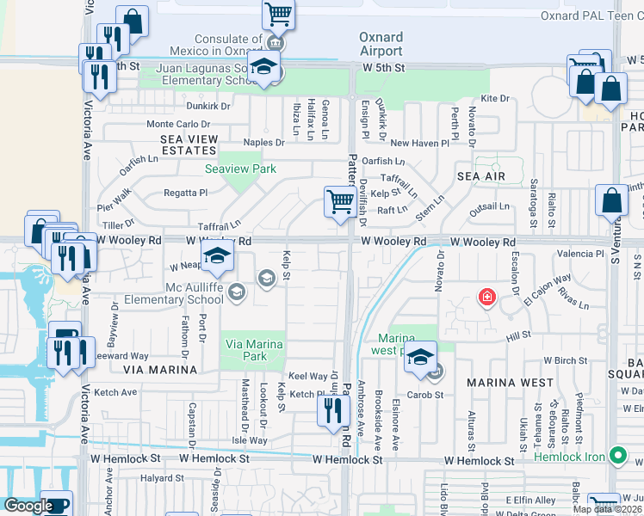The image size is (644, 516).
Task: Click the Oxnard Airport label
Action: pyautogui.click(x=381, y=45)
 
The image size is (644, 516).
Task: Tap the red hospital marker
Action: pyautogui.click(x=487, y=298)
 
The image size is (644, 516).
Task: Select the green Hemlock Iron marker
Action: pyautogui.click(x=617, y=456)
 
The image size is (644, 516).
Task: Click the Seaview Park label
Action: pyautogui.click(x=240, y=169)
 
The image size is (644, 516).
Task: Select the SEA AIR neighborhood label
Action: pyautogui.click(x=480, y=175)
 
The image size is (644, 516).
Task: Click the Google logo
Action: pyautogui.click(x=28, y=506)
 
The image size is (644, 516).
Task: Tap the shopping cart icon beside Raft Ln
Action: pyautogui.click(x=340, y=202)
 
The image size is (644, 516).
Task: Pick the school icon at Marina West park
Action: pyautogui.click(x=420, y=357)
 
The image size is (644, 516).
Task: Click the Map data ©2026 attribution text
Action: pyautogui.click(x=607, y=509)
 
